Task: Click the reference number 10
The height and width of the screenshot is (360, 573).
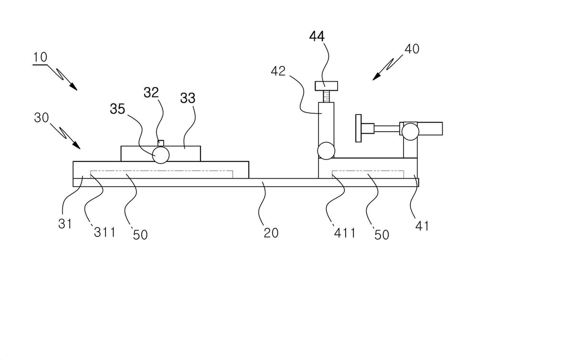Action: click(x=40, y=57)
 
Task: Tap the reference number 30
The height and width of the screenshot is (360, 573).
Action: click(x=42, y=118)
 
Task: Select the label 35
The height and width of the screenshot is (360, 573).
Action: click(x=117, y=109)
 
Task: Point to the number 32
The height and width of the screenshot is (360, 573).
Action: click(x=151, y=92)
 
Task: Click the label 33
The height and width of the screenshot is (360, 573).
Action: click(x=188, y=98)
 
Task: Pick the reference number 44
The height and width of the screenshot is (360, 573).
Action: click(x=317, y=36)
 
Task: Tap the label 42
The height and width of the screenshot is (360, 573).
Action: click(x=278, y=71)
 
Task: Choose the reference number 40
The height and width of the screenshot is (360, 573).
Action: click(x=412, y=49)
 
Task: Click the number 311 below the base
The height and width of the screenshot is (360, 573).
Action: click(x=105, y=233)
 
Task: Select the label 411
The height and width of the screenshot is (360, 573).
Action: click(x=345, y=233)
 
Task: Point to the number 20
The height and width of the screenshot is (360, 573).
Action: click(x=271, y=233)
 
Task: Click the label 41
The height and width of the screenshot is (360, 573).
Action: click(x=422, y=226)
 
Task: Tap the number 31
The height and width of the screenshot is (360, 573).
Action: click(x=65, y=223)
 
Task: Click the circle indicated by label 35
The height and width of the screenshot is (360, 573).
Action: click(x=161, y=155)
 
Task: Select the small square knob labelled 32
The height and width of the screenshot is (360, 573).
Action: click(x=160, y=143)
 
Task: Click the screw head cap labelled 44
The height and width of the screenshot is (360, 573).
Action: click(x=326, y=86)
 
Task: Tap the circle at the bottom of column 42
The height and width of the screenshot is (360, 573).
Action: click(x=326, y=150)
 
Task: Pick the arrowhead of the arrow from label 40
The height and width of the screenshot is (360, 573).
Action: click(x=375, y=77)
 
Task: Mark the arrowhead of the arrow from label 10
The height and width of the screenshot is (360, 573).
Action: click(x=74, y=87)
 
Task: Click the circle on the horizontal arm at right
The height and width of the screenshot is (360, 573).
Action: click(x=410, y=131)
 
